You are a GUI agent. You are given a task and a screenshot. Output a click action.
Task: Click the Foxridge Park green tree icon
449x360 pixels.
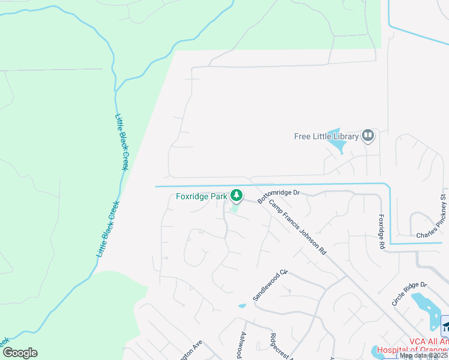click(237, 195)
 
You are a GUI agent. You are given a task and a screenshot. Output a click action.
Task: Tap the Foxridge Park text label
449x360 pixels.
click(202, 196)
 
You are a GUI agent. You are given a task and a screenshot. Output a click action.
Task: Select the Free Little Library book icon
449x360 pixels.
click(368, 136)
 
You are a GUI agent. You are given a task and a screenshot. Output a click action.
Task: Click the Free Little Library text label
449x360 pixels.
click(326, 136)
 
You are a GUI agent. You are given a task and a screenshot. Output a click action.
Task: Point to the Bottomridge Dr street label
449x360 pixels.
click(278, 196)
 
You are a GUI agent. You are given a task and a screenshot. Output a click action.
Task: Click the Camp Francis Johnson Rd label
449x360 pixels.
click(297, 226)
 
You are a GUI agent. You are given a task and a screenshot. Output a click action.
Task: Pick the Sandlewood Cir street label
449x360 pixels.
click(271, 285)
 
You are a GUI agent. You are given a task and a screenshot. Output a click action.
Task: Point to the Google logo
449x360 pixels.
click(20, 353)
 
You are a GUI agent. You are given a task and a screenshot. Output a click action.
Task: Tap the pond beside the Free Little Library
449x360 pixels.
click(336, 142)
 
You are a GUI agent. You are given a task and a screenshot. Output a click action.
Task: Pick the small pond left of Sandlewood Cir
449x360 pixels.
click(241, 306)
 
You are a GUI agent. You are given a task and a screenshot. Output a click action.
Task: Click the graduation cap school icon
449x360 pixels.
click(445, 326)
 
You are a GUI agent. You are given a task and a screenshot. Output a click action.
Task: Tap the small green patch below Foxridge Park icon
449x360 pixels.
click(235, 208)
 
